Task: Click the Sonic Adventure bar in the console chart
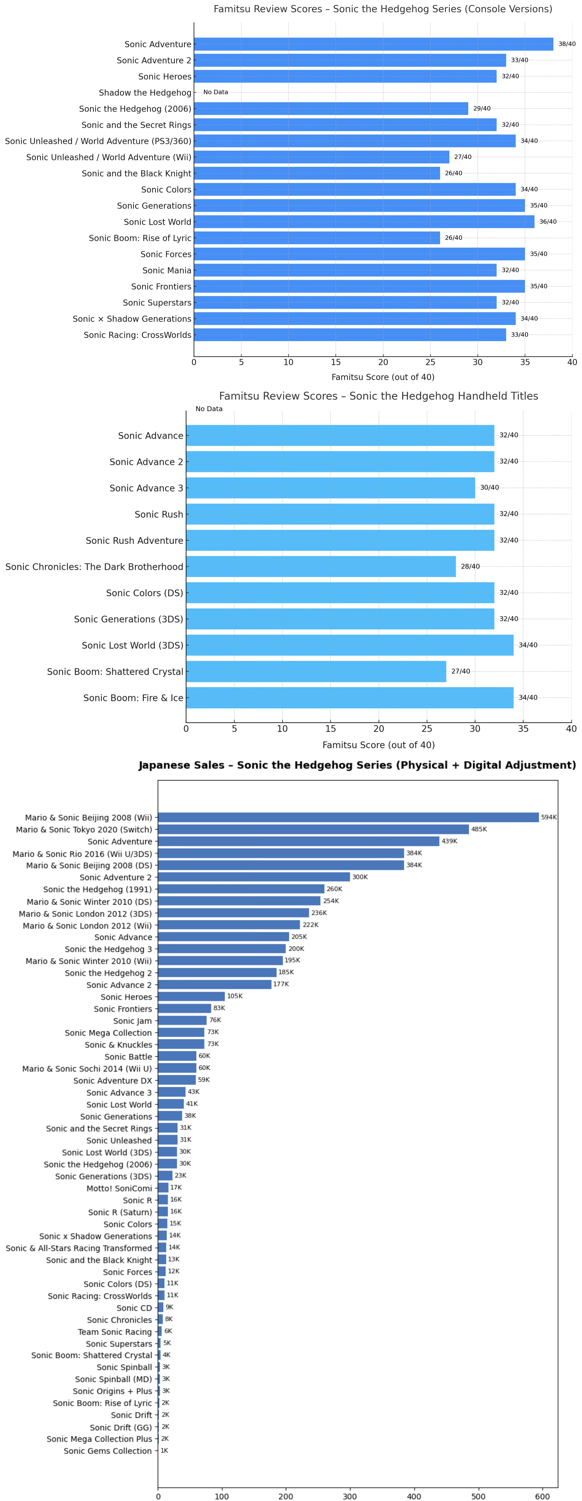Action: click(x=373, y=44)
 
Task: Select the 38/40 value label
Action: click(x=566, y=44)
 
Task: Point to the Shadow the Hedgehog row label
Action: click(x=145, y=93)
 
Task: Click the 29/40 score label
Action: click(x=481, y=109)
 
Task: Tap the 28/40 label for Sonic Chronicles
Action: click(x=470, y=566)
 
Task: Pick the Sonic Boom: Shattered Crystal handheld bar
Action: click(x=316, y=671)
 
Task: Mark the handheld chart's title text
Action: click(x=378, y=396)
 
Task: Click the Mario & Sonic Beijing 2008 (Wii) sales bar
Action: click(x=348, y=817)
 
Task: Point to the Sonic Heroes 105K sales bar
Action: click(x=191, y=997)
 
